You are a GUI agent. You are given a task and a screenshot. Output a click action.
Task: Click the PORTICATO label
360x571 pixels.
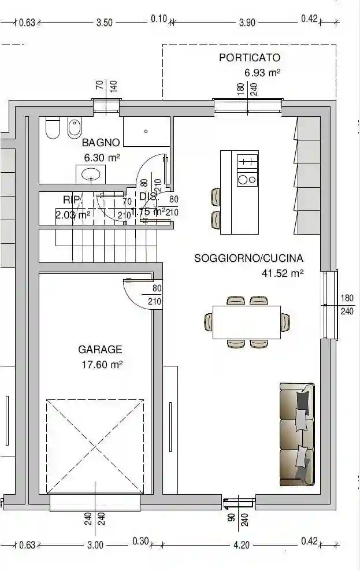pos(249,58)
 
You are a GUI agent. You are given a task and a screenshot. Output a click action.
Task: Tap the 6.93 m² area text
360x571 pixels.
pos(262,73)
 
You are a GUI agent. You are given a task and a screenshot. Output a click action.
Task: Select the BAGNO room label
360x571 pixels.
pos(101,142)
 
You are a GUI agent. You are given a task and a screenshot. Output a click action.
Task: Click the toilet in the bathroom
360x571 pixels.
pos(53,128)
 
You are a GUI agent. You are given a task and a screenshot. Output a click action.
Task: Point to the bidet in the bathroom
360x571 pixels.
pos(74,128)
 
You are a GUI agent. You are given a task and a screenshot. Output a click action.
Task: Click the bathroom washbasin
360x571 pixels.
pos(91,173)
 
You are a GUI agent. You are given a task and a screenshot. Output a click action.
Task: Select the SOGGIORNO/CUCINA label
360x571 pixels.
pos(248,258)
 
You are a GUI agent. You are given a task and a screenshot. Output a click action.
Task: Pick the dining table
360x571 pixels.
pos(246,322)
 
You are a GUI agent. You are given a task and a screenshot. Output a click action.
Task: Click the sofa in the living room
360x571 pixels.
pos(297,433)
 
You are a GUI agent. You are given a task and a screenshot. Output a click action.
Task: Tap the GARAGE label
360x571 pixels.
pos(100,350)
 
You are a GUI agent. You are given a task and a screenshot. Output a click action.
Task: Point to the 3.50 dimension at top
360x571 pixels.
pos(104,23)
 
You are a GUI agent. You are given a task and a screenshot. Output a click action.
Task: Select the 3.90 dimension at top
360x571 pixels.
pos(247,23)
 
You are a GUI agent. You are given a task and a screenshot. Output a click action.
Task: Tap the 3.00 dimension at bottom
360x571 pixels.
pos(95,544)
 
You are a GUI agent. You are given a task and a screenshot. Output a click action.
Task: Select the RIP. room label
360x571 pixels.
pos(71,199)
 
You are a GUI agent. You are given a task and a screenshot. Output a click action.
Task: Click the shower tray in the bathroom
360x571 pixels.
pos(146,132)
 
